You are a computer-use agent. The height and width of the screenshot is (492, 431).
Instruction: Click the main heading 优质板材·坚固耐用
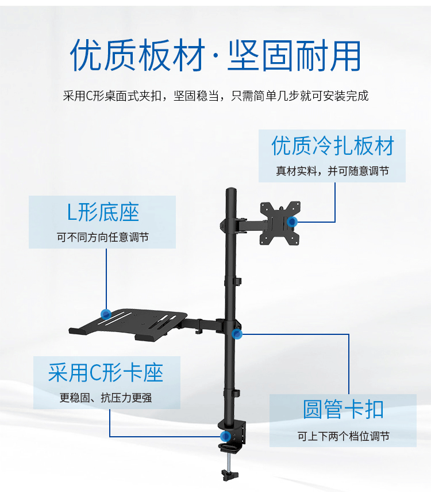tap(215, 56)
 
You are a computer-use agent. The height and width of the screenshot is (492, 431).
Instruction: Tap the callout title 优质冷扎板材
tap(333, 146)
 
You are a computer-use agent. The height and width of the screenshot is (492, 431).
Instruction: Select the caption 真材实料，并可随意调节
tap(332, 171)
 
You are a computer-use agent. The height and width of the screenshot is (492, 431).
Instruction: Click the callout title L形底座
tap(103, 212)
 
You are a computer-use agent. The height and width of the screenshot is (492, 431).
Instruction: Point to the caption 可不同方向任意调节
tap(102, 237)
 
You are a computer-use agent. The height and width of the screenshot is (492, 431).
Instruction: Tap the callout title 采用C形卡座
tap(106, 372)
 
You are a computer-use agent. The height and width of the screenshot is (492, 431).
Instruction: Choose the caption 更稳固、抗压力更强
tap(106, 398)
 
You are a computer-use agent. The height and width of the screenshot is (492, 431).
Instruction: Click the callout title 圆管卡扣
tap(343, 410)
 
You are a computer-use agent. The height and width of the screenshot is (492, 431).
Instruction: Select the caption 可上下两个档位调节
tap(343, 436)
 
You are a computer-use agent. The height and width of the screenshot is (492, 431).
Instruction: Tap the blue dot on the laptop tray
tap(106, 314)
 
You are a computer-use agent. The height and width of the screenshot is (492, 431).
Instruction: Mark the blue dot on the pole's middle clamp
tap(237, 334)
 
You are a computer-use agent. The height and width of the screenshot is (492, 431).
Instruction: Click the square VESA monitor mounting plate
tap(280, 223)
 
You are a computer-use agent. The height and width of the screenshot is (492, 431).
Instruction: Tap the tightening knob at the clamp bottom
tap(228, 476)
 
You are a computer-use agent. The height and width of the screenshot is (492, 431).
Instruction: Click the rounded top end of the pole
tap(231, 191)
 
